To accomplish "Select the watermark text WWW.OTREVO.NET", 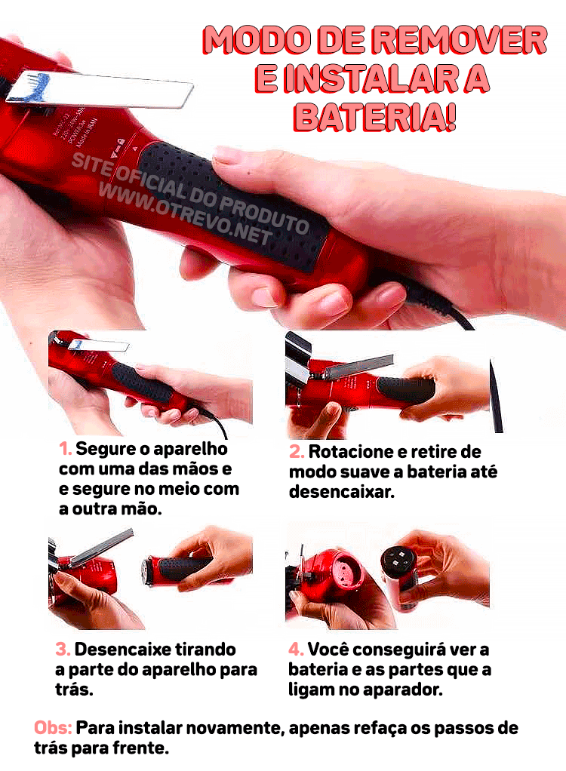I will tap(186, 214).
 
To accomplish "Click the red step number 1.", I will tap(66, 450).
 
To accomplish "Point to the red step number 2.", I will tap(297, 453).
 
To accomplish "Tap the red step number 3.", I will tap(63, 650).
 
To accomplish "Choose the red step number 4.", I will tap(297, 650).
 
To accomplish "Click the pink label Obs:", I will tap(53, 729).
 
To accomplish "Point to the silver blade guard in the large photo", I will tap(106, 88).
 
